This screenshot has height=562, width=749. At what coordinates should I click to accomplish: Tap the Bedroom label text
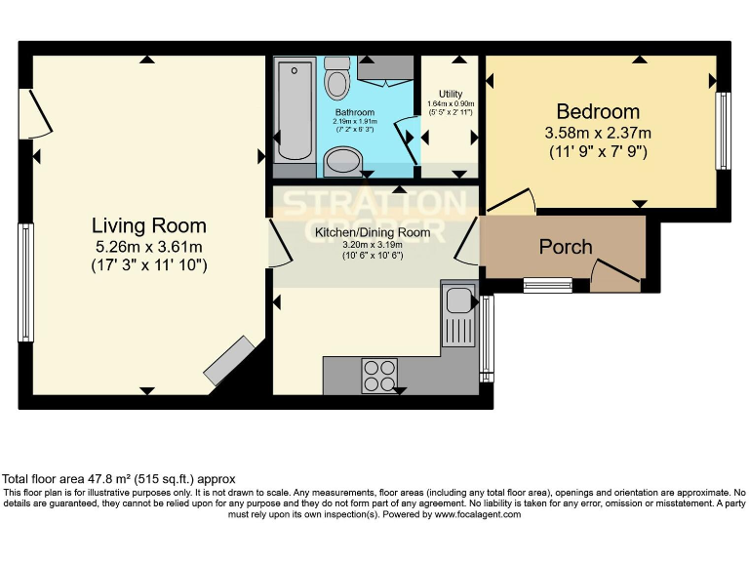598,111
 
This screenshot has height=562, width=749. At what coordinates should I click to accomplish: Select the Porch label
566,247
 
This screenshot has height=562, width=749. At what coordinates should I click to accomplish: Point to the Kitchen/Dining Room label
372,232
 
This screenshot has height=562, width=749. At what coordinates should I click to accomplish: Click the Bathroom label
356,113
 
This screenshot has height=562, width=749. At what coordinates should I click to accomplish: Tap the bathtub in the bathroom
294,113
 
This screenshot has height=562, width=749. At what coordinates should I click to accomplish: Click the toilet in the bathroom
337,77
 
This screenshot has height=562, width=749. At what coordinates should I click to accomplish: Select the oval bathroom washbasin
342,161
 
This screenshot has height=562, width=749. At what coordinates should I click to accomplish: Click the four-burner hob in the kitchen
380,375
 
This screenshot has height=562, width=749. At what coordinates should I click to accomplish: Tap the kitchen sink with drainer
457,313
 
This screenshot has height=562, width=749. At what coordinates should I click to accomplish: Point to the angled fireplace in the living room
229,360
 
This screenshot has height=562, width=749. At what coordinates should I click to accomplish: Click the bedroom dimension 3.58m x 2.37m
598,133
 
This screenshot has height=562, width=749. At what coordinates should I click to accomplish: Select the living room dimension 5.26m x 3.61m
148,246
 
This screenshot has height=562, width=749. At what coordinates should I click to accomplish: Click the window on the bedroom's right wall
724,131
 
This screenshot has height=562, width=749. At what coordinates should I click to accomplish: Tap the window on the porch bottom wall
547,285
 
